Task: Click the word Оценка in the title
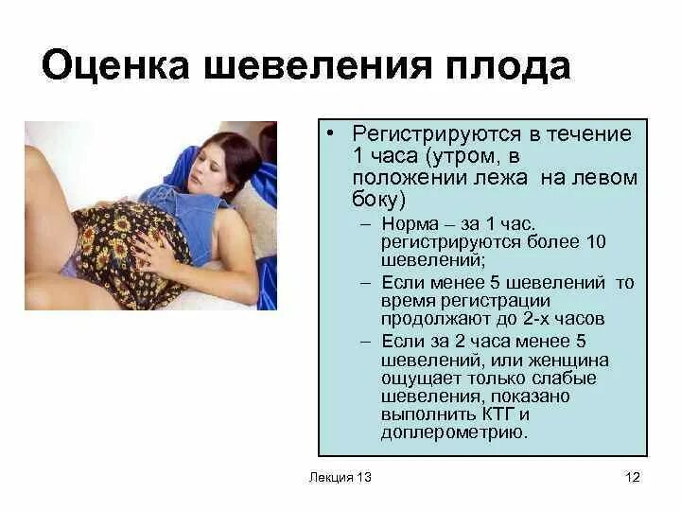111,67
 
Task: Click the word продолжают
427,318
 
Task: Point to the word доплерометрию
452,432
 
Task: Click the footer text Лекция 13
340,477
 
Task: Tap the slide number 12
633,477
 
